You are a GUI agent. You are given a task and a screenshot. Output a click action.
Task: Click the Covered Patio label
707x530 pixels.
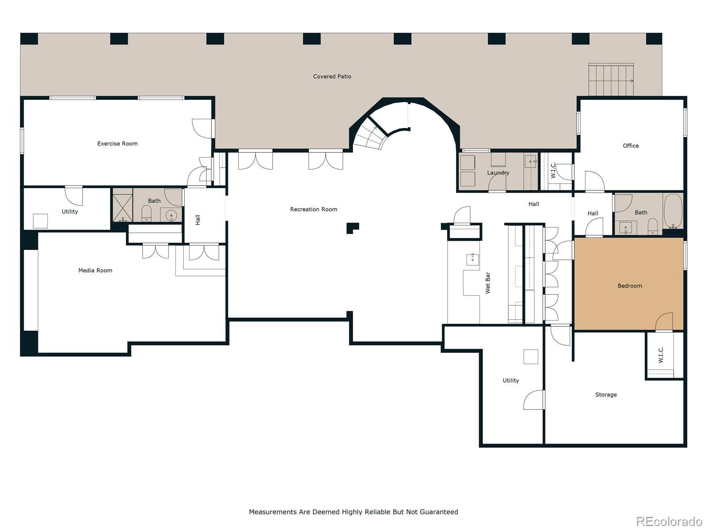(x=332, y=76)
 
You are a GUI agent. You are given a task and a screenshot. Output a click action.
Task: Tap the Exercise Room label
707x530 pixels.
(x=117, y=144)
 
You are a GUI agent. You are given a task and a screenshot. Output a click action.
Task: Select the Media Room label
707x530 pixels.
(x=95, y=270)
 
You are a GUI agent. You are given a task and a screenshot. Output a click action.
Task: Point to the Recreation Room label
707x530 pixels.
(x=313, y=209)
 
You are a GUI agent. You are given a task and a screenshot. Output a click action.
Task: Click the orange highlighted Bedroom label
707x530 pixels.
(x=630, y=286)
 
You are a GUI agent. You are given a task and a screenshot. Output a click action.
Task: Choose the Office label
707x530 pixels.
(x=631, y=146)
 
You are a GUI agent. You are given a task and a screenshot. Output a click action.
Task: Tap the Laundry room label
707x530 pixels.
(x=498, y=173)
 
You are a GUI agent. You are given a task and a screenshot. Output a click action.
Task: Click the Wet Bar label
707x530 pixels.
(x=488, y=283)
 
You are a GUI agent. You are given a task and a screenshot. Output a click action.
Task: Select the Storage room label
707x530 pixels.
(x=606, y=394)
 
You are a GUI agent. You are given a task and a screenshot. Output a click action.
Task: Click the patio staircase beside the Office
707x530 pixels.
(x=611, y=79)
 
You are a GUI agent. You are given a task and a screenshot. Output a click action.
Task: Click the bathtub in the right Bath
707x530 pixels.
(x=673, y=211)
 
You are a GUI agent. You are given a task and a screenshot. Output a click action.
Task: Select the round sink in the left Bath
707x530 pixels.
(x=171, y=215)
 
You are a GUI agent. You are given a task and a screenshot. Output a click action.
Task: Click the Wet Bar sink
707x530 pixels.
(x=472, y=259)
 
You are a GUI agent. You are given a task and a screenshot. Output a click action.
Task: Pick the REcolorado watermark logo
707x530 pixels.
(x=669, y=521)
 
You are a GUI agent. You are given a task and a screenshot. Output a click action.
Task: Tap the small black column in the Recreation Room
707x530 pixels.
(x=352, y=228)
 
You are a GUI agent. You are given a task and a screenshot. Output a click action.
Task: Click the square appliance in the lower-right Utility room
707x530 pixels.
(x=531, y=356)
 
